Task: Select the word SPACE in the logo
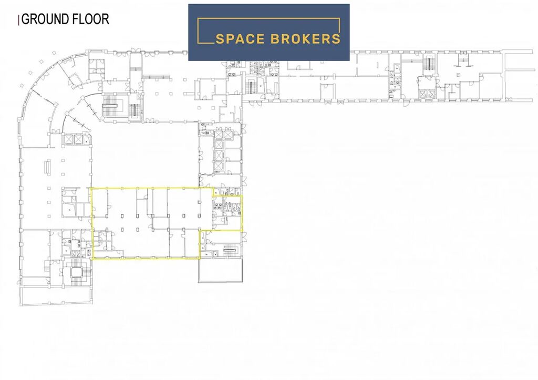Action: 240,39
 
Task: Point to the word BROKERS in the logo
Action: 305,39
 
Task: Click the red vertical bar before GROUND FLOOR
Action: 19,20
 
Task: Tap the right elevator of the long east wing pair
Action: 431,94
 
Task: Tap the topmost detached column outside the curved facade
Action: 54,53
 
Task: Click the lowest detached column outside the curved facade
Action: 22,86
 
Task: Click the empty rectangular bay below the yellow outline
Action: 221,270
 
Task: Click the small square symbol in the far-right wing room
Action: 458,74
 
